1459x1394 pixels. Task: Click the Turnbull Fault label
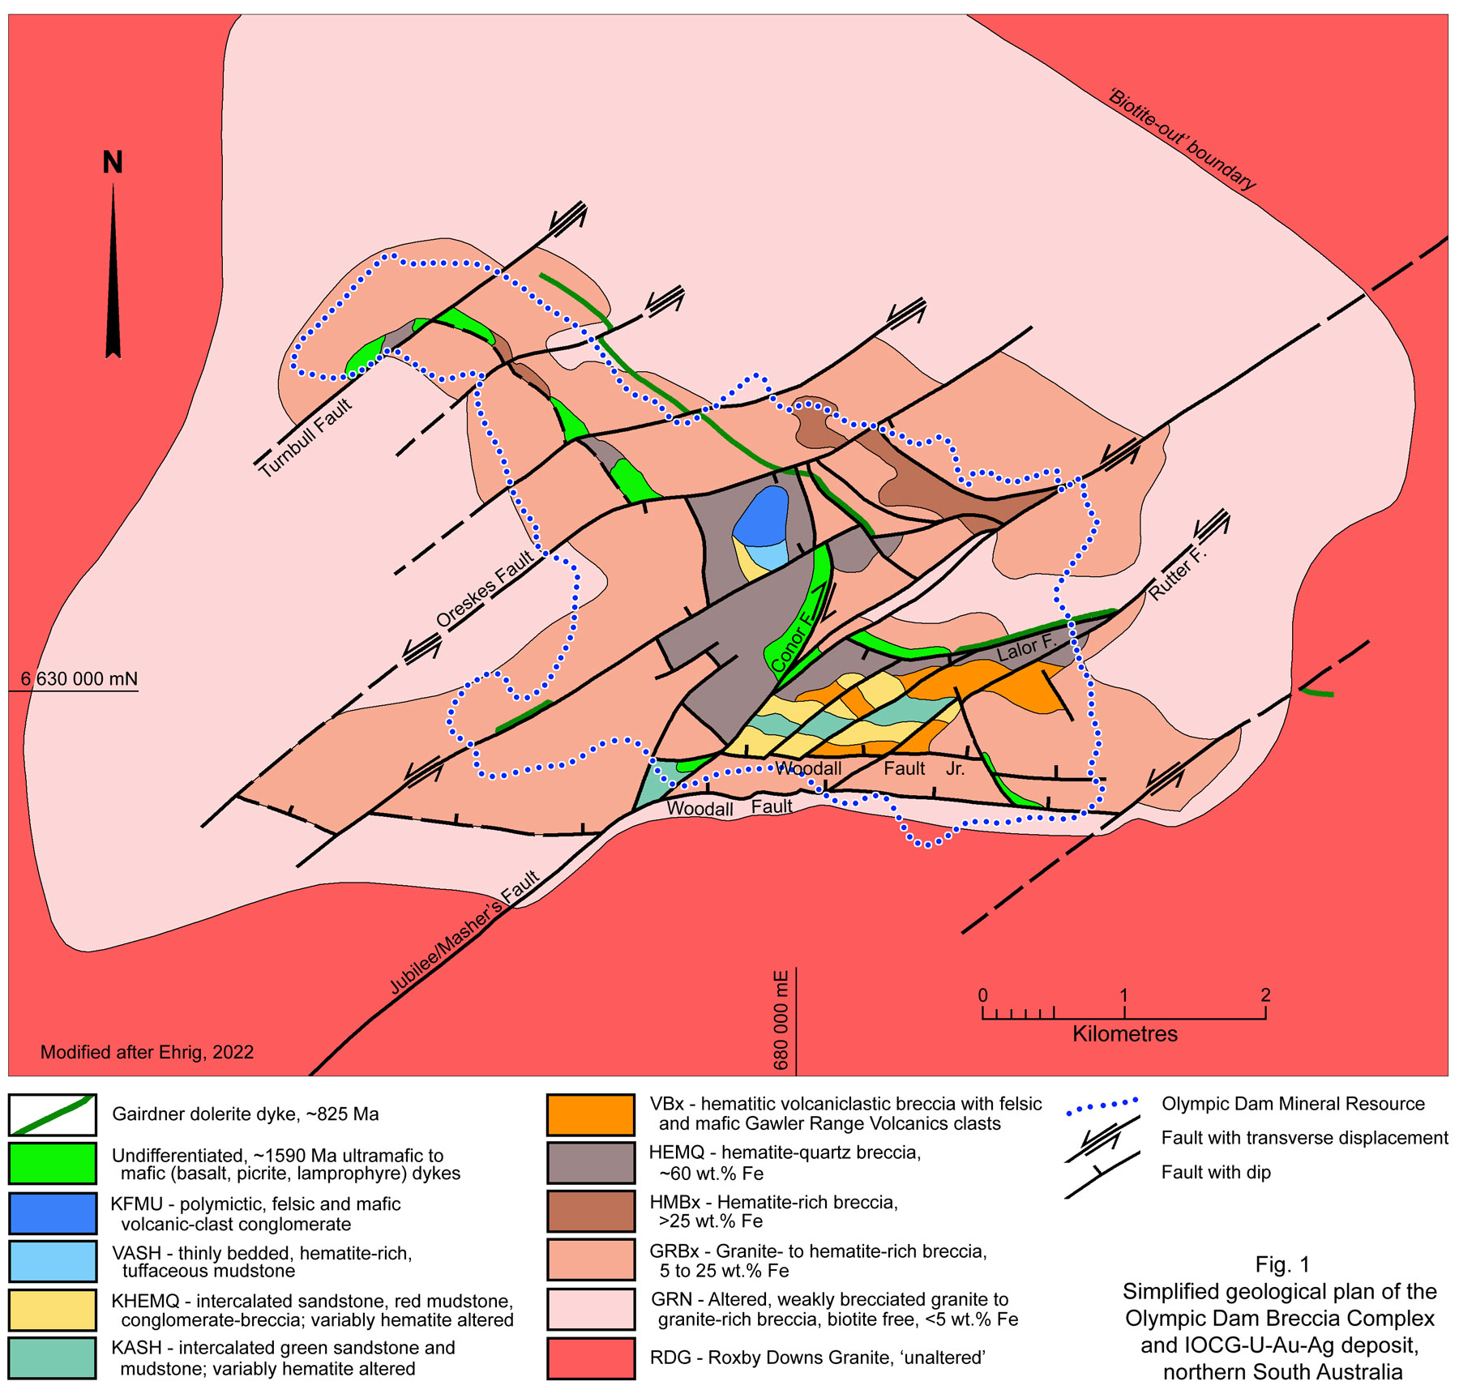[306, 438]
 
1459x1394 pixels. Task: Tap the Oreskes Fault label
[485, 588]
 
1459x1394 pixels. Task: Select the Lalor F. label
[1026, 648]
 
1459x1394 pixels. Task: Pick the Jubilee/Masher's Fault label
[464, 933]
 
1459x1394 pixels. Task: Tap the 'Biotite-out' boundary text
[1182, 140]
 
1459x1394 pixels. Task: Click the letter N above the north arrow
[113, 163]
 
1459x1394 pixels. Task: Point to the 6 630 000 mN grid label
[79, 679]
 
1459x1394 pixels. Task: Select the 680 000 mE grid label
[781, 1020]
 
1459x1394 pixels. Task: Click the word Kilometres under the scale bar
[1124, 1034]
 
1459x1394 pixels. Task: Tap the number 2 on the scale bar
[1265, 995]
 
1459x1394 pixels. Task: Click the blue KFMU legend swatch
[53, 1213]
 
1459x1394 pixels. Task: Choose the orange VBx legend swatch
[590, 1114]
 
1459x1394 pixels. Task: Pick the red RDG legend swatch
[590, 1358]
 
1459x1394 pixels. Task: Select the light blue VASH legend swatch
[53, 1261]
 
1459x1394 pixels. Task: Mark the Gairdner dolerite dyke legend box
[53, 1114]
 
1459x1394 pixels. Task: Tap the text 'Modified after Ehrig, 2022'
[147, 1052]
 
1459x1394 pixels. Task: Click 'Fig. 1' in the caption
[1281, 1264]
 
